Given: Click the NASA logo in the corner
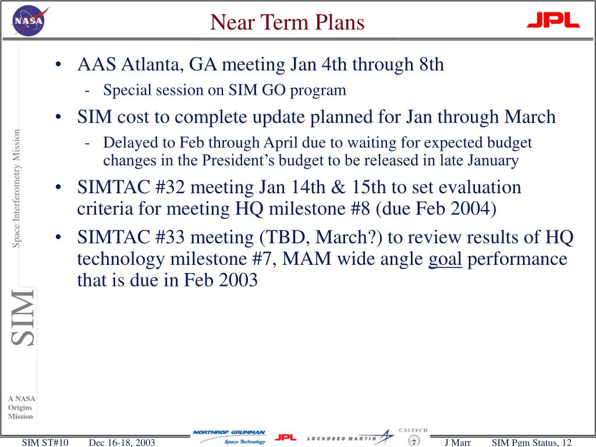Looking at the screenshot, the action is pyautogui.click(x=29, y=21).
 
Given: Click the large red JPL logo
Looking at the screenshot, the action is pyautogui.click(x=554, y=20).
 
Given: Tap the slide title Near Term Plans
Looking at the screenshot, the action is pyautogui.click(x=288, y=22).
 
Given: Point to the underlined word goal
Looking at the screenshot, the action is pyautogui.click(x=445, y=260).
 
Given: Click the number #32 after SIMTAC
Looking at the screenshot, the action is pyautogui.click(x=170, y=187).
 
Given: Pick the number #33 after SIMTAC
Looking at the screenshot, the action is pyautogui.click(x=170, y=237).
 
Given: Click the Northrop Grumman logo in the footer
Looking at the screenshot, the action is pyautogui.click(x=229, y=437).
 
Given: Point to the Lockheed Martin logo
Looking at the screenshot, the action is pyautogui.click(x=350, y=438).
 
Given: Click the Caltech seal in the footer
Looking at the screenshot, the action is pyautogui.click(x=414, y=440).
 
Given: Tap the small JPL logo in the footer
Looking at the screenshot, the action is pyautogui.click(x=285, y=438).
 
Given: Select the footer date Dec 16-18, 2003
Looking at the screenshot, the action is pyautogui.click(x=122, y=442).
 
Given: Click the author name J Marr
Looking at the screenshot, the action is pyautogui.click(x=457, y=442).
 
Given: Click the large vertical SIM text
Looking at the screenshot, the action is pyautogui.click(x=23, y=317).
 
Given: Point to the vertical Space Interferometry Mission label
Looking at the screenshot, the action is pyautogui.click(x=16, y=189).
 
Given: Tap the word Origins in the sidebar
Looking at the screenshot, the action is pyautogui.click(x=20, y=407).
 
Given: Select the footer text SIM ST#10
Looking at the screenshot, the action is pyautogui.click(x=45, y=442).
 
